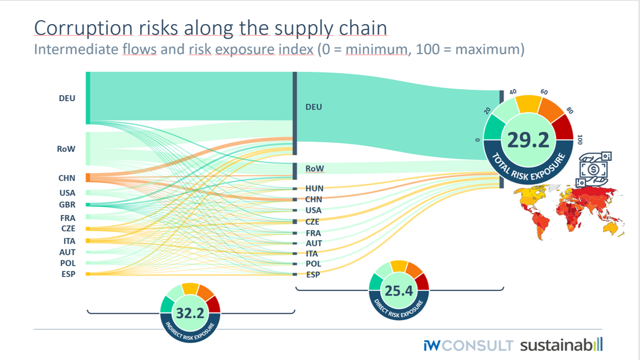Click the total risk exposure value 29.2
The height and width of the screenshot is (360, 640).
[x=528, y=141]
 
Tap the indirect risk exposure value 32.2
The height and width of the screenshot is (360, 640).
[x=190, y=313]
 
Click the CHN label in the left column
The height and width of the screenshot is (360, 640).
[x=67, y=178]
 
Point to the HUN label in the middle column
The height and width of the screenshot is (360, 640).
[x=315, y=188]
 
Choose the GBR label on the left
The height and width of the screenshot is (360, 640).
[x=67, y=205]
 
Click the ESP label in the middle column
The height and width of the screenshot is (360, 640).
[x=313, y=275]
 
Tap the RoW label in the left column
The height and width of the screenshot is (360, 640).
[x=66, y=148]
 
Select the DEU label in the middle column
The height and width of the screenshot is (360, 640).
[x=313, y=107]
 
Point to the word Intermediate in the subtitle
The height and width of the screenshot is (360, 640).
[x=76, y=49]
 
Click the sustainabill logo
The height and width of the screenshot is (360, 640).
[x=561, y=345]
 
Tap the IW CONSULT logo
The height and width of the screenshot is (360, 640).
[x=468, y=346]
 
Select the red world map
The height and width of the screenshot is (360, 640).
[x=569, y=211]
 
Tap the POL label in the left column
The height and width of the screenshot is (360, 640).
[x=67, y=263]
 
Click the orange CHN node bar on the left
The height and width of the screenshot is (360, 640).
[x=88, y=178]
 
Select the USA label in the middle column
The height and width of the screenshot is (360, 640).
[x=314, y=210]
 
